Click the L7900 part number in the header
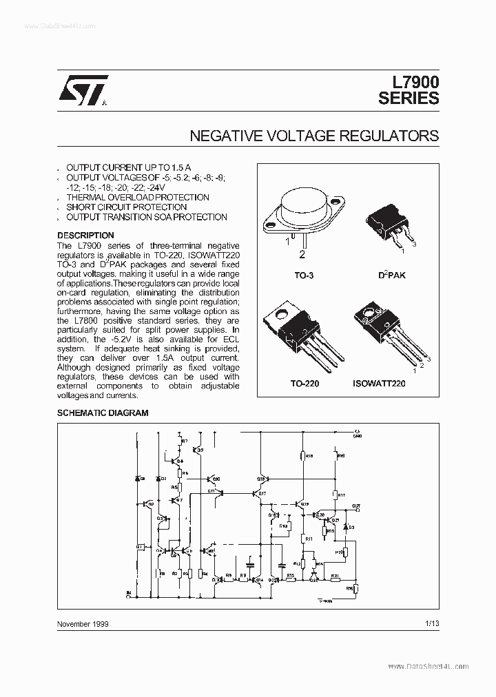[x=409, y=82]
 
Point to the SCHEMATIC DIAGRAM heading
[x=103, y=413]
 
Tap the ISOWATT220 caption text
[x=379, y=383]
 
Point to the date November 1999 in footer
[x=83, y=623]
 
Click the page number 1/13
[x=432, y=623]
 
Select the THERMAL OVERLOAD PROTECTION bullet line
[x=138, y=197]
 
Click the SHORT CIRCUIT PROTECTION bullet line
[x=126, y=207]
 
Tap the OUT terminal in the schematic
[x=355, y=506]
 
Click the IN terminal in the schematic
[x=127, y=592]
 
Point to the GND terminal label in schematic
[x=357, y=435]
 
